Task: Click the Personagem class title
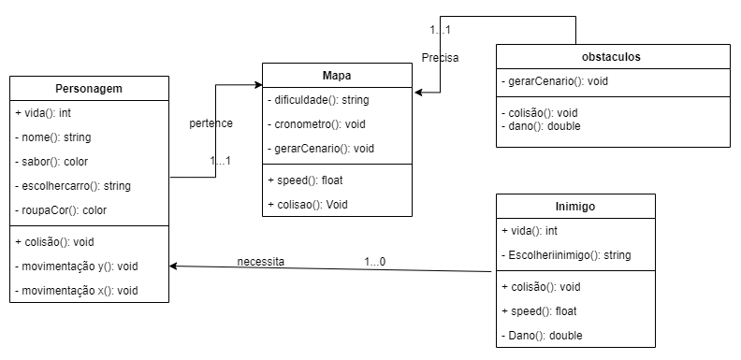tap(90, 89)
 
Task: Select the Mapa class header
tap(337, 75)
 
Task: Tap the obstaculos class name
tap(612, 57)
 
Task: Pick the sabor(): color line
tap(52, 162)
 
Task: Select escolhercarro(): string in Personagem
tap(73, 186)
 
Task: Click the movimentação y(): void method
tap(77, 266)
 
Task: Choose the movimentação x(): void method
tap(77, 291)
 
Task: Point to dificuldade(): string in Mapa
tap(318, 99)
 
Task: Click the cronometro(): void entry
tap(315, 123)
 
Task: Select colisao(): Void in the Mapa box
tap(304, 204)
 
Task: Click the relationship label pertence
tap(211, 122)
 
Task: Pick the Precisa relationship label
tap(440, 57)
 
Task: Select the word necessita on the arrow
tap(260, 261)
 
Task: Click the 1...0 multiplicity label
tap(375, 261)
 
